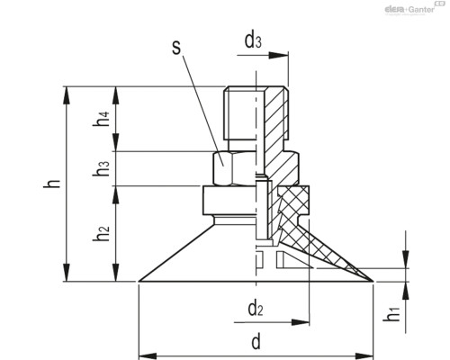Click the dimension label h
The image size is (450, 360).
click(x=53, y=184)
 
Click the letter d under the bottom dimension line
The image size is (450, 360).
click(x=256, y=342)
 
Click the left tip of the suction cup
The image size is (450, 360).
click(x=140, y=283)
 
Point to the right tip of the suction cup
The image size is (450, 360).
click(x=372, y=283)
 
